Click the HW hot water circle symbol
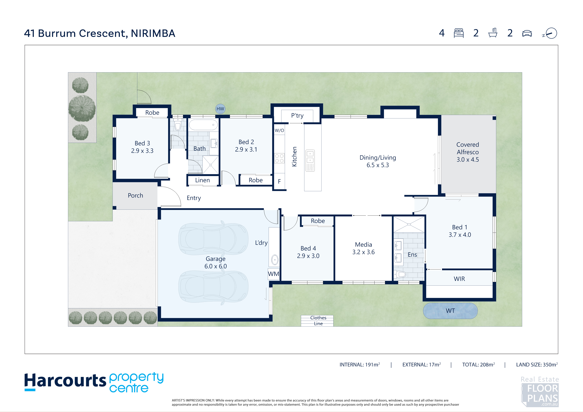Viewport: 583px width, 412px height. pos(220,109)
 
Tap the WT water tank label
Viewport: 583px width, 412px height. pos(450,311)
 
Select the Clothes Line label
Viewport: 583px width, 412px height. pos(318,321)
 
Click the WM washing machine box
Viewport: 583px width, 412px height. pos(273,274)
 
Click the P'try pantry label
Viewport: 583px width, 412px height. pos(297,116)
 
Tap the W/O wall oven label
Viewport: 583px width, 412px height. pos(279,130)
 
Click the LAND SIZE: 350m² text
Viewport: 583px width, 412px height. pos(537,364)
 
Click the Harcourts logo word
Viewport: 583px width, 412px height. pos(65,381)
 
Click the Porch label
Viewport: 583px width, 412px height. pos(135,196)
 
